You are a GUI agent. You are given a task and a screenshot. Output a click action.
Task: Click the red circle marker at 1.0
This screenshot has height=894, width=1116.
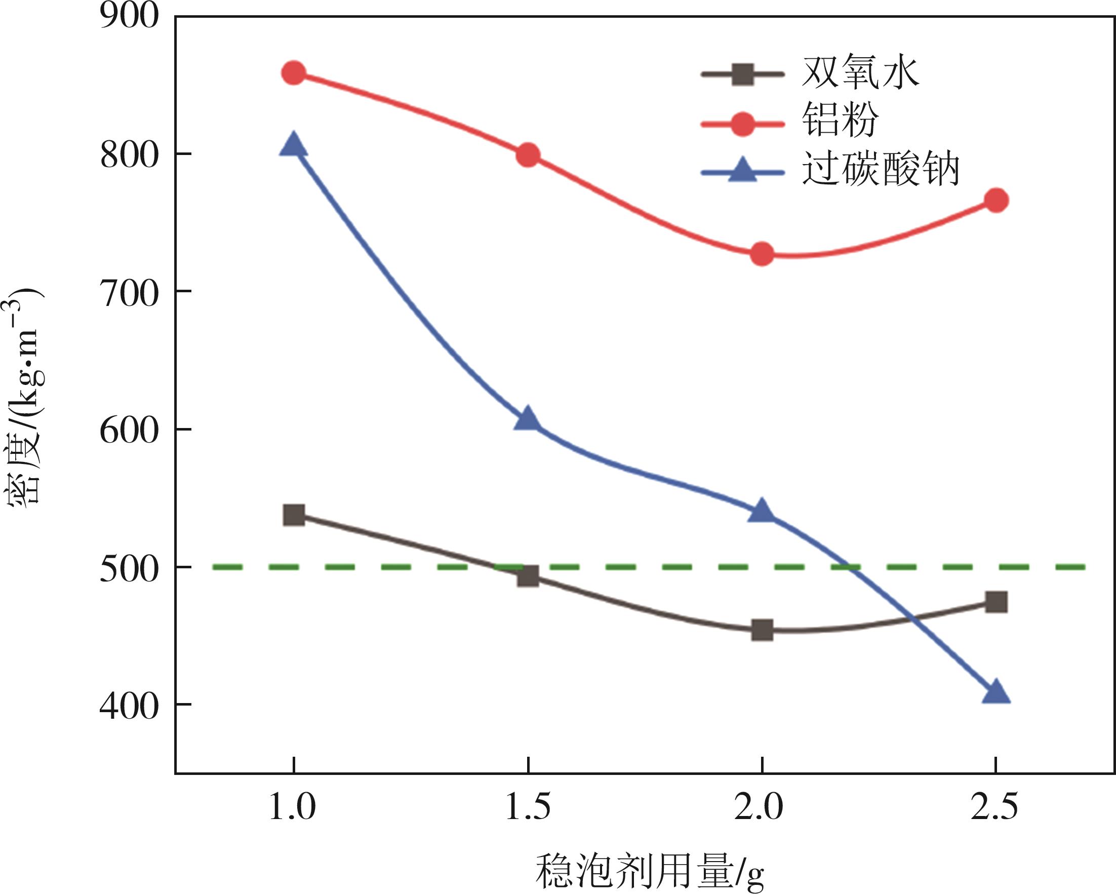[294, 73]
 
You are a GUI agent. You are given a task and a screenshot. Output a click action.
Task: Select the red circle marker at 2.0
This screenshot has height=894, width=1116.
[762, 254]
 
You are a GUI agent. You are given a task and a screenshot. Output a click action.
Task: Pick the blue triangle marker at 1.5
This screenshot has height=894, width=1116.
[528, 420]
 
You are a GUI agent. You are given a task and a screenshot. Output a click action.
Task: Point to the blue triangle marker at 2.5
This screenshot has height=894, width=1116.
[996, 693]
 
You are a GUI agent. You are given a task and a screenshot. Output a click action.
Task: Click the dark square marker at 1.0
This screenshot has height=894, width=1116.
[294, 515]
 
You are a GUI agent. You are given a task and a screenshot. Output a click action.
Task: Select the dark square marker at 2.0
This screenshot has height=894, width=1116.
[762, 630]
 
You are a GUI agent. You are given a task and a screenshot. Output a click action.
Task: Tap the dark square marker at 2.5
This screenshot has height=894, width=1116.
[996, 602]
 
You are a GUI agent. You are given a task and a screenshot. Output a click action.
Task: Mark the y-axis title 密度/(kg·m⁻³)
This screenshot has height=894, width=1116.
[23, 396]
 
